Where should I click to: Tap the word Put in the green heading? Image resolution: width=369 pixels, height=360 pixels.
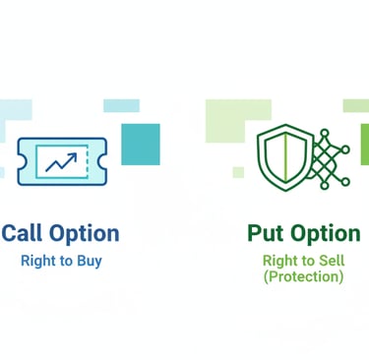tap(266, 233)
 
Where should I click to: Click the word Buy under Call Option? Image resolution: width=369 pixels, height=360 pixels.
tap(90, 262)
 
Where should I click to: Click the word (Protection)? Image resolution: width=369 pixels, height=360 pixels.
tap(303, 277)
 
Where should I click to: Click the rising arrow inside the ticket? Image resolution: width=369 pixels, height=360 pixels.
tap(61, 157)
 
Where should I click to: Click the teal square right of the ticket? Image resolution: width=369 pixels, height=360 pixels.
tap(140, 144)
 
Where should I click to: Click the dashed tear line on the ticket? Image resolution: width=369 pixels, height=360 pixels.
tap(88, 158)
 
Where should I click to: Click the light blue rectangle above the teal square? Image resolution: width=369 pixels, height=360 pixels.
tap(120, 105)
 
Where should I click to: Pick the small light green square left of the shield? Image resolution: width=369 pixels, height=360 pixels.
tap(238, 172)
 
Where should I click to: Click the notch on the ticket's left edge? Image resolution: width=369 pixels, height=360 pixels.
tap(20, 158)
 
